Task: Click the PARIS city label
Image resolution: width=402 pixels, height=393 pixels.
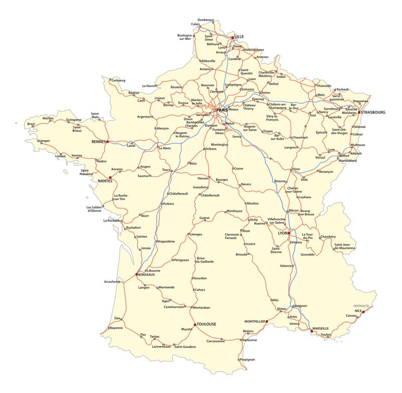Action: (223, 109)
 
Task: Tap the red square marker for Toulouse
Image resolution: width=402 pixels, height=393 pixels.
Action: (195, 325)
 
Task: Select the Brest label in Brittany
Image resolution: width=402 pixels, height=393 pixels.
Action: (31, 124)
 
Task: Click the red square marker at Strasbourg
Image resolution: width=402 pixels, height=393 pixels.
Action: (359, 112)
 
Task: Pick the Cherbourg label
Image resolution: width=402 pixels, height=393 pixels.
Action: (118, 80)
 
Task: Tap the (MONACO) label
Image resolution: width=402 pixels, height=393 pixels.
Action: (361, 306)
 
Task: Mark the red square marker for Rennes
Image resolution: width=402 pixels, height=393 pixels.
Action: (108, 142)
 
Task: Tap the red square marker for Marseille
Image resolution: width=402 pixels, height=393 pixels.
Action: (312, 331)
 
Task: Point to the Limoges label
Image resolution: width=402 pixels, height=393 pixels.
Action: (196, 234)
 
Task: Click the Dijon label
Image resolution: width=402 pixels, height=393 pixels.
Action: (296, 169)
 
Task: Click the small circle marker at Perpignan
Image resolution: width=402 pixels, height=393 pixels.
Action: (239, 360)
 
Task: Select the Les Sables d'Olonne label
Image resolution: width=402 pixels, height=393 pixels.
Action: (95, 210)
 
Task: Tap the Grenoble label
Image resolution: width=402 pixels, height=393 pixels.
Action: (308, 255)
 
